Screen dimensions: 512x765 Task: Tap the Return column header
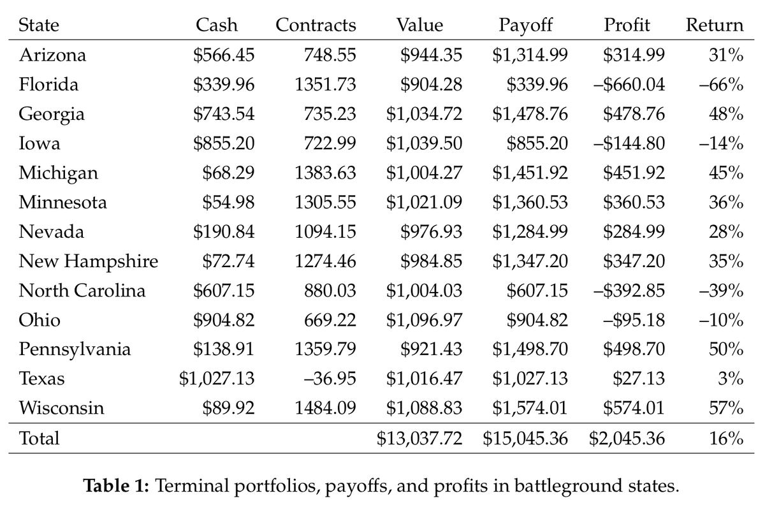[714, 26]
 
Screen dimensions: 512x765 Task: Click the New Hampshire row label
[88, 261]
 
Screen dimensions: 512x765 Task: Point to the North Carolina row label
[82, 291]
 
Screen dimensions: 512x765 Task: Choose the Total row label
[39, 439]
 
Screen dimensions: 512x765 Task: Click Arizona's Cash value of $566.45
[224, 55]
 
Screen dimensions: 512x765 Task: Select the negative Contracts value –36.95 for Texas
[329, 379]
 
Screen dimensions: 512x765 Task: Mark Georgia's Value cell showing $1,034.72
[424, 115]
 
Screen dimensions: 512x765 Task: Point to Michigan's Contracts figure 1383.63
[325, 173]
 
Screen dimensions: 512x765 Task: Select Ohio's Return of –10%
[722, 321]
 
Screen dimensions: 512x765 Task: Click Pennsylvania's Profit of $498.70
[634, 350]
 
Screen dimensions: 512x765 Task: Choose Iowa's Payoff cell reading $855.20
[537, 144]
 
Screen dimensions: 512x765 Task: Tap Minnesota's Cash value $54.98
[228, 203]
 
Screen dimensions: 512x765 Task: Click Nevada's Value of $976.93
[431, 232]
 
